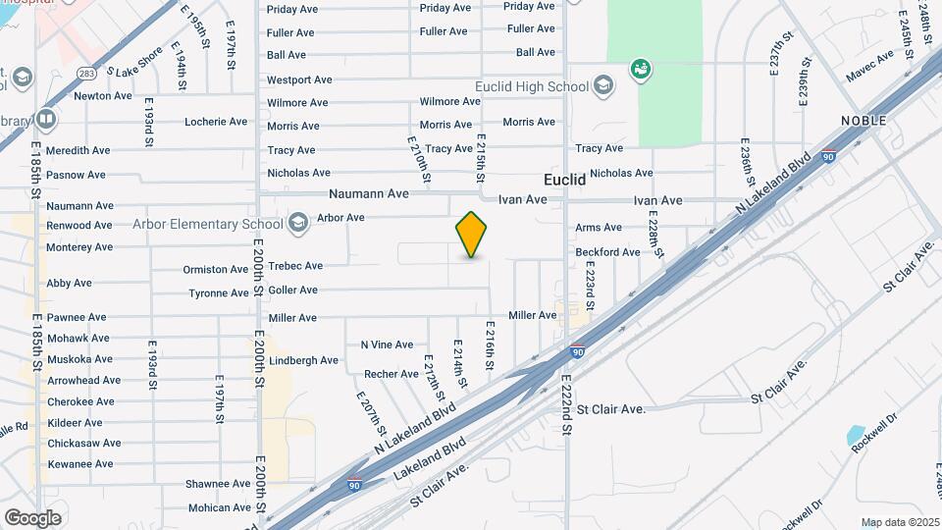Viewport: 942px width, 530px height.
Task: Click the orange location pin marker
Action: [x=472, y=235]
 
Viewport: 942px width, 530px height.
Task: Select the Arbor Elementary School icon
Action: [x=297, y=225]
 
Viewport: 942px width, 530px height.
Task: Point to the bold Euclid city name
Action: [x=565, y=181]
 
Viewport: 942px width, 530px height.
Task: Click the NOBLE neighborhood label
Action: [x=863, y=121]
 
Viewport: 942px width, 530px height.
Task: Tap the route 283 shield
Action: [x=87, y=73]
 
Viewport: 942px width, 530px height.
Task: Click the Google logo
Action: [x=32, y=517]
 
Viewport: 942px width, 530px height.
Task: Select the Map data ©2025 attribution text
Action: [x=900, y=522]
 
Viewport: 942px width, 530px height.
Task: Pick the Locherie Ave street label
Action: [x=216, y=122]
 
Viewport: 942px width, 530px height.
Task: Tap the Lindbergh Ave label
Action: [x=303, y=360]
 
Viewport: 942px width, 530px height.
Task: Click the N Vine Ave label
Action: [x=387, y=344]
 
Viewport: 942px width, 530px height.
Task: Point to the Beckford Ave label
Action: [x=608, y=252]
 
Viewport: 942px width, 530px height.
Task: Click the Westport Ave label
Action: [x=299, y=79]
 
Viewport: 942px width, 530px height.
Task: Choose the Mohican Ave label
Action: [x=220, y=507]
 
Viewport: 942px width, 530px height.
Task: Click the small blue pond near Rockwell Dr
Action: [x=855, y=435]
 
